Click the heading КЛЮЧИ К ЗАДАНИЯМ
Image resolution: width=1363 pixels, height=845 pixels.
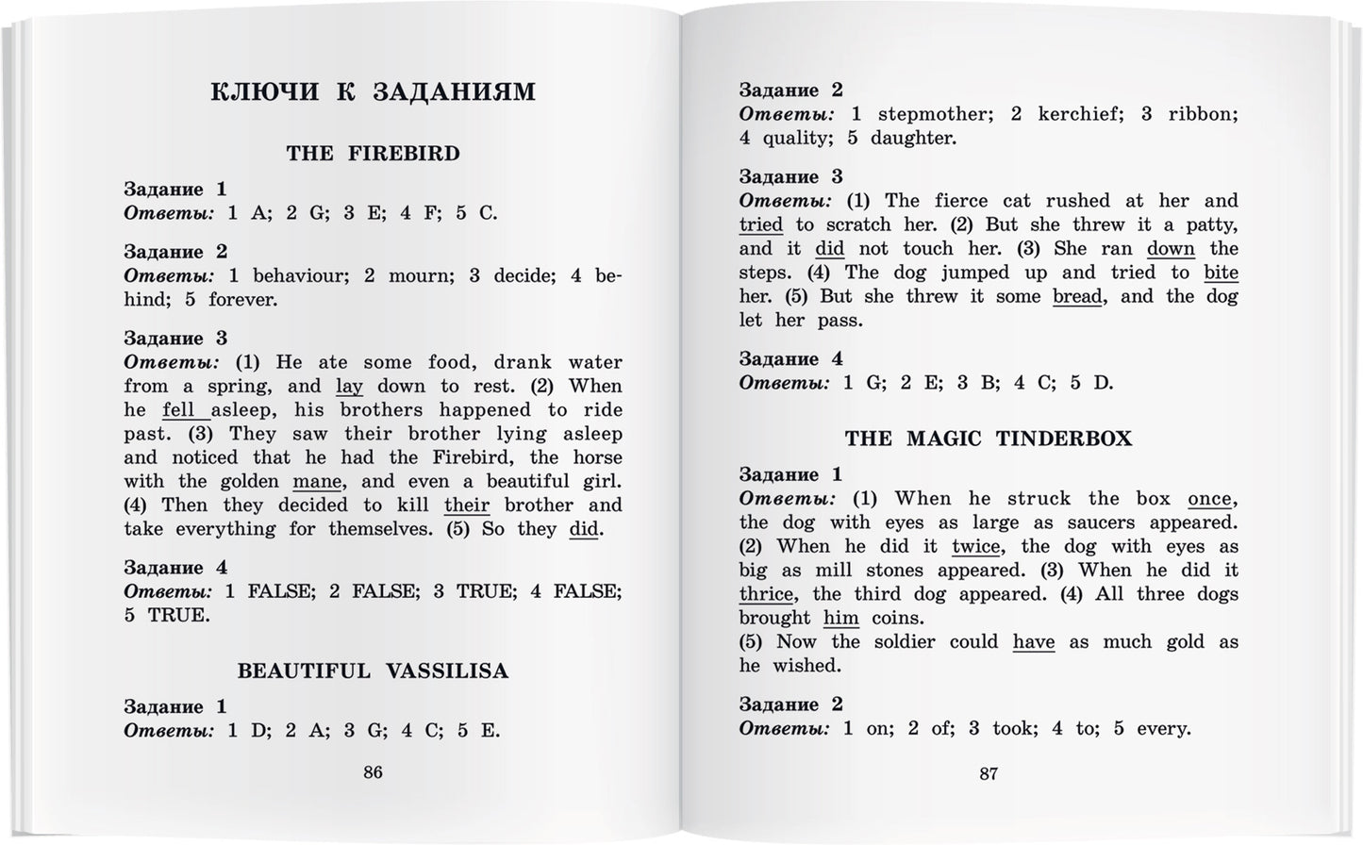(373, 91)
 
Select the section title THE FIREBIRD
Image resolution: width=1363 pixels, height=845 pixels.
(373, 154)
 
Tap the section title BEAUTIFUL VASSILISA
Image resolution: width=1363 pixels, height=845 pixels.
(373, 671)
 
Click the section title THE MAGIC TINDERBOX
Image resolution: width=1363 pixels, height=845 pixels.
(988, 439)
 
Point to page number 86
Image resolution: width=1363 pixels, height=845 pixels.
(373, 772)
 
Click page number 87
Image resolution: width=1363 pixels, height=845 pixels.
(988, 774)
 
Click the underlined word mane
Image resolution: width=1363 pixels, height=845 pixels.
(317, 482)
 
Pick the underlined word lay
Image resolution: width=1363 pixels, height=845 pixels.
(349, 387)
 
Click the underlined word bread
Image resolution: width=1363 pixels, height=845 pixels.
(1076, 297)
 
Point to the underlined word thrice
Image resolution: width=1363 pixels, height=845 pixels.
(766, 595)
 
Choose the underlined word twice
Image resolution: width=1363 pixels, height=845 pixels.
(975, 547)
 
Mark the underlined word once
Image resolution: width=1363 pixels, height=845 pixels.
(1209, 499)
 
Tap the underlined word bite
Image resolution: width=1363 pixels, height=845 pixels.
(1221, 273)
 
